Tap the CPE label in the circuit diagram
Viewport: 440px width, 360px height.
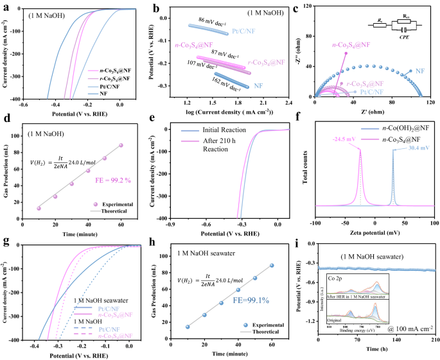[x=403, y=38]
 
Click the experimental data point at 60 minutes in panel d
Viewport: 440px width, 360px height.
[x=120, y=145]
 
